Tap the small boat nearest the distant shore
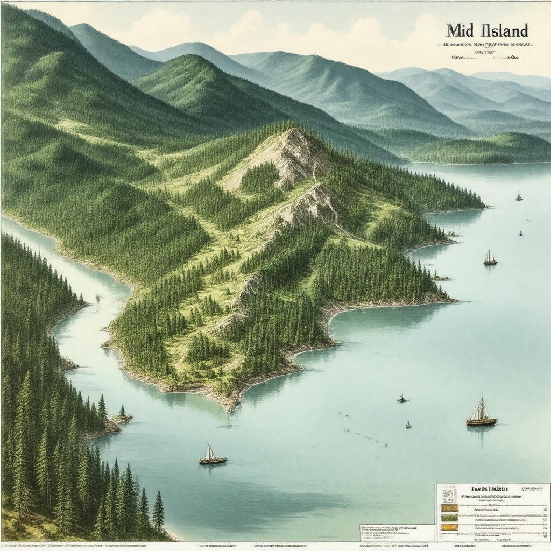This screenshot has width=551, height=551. tap(519, 197)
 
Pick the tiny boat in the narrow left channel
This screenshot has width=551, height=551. tap(97, 298)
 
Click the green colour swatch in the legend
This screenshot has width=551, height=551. tap(449, 518)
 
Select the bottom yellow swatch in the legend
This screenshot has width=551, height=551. tap(449, 527)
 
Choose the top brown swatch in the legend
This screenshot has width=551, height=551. tap(449, 507)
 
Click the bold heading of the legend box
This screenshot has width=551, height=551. tap(490, 489)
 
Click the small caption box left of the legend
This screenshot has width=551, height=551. tap(397, 533)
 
